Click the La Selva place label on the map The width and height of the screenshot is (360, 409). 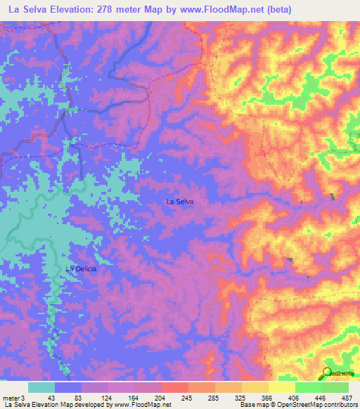[179, 202]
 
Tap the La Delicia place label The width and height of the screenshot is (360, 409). [80, 268]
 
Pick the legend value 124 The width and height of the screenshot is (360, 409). [107, 397]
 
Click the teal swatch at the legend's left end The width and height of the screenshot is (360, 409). [41, 387]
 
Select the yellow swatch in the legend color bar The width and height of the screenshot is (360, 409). [281, 387]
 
